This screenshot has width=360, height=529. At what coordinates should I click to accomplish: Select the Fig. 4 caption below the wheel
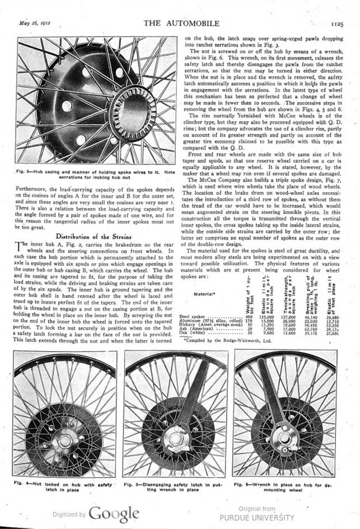62,485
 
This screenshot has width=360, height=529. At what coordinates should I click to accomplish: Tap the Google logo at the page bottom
113,513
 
